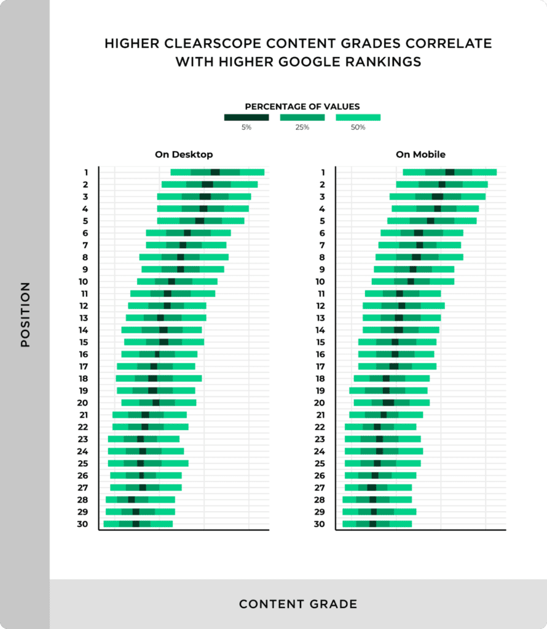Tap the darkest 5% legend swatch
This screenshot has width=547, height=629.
246,117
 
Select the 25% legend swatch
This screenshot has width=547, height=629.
302,117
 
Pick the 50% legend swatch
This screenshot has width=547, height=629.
358,117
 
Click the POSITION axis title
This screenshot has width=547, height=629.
25,314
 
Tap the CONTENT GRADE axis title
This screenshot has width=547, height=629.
298,604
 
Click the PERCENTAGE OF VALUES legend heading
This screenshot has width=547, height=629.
302,106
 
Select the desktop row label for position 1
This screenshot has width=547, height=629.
87,173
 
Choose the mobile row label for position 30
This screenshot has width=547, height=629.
319,524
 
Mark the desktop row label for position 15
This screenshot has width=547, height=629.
83,342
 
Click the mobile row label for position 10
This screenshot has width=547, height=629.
319,281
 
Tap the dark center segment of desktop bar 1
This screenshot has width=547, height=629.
215,173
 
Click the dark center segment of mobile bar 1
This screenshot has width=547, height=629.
450,173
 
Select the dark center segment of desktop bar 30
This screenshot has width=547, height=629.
136,524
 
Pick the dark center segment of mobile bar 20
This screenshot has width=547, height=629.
388,403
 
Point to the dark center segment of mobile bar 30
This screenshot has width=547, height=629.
372,524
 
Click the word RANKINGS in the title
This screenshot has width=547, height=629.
376,62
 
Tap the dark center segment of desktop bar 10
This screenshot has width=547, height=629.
171,281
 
